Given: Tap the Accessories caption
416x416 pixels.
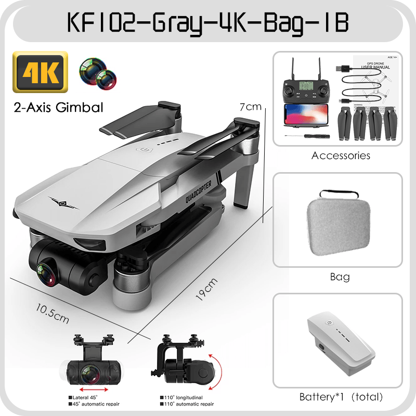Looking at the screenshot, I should click(341, 155).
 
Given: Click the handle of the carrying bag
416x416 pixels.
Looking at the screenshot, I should click(339, 194).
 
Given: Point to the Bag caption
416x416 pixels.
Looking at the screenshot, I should click(340, 277).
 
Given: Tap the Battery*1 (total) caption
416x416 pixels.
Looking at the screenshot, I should click(341, 397).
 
